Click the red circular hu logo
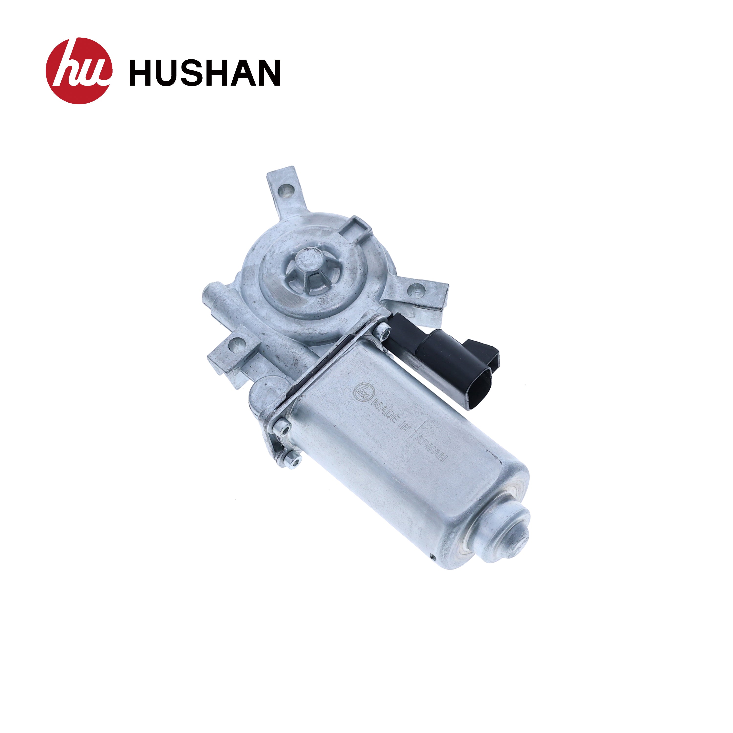79,71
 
